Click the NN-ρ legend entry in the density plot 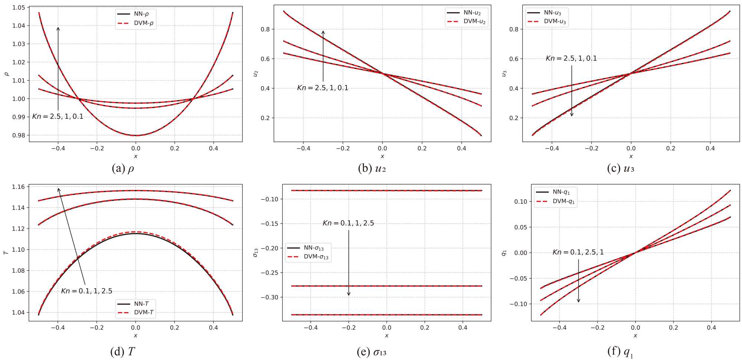[x=136, y=14]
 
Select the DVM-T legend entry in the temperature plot [x=136, y=312]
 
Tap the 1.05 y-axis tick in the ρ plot [x=19, y=7]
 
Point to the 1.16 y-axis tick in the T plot [x=19, y=187]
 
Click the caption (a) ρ [x=123, y=168]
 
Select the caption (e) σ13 [x=371, y=351]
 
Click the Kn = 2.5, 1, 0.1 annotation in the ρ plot [x=58, y=117]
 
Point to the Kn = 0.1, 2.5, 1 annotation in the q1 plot [x=578, y=252]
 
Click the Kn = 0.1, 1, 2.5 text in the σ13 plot [x=348, y=223]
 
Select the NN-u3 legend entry [x=546, y=13]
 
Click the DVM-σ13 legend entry [x=308, y=257]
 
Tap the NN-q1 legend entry [x=555, y=192]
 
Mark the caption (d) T [x=123, y=351]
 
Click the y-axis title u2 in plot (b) [x=255, y=73]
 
